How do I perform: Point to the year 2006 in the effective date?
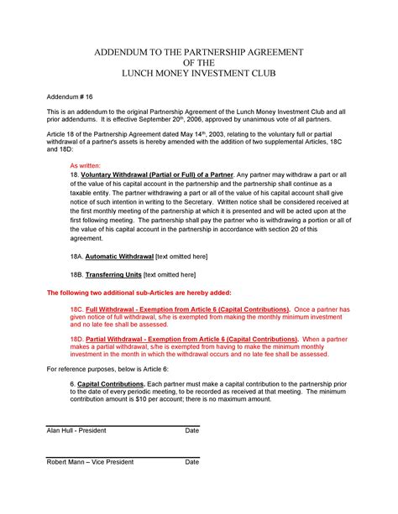point(222,118)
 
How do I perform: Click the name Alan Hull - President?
point(76,430)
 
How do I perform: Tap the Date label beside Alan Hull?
point(191,430)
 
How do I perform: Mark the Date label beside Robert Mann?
point(191,462)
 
